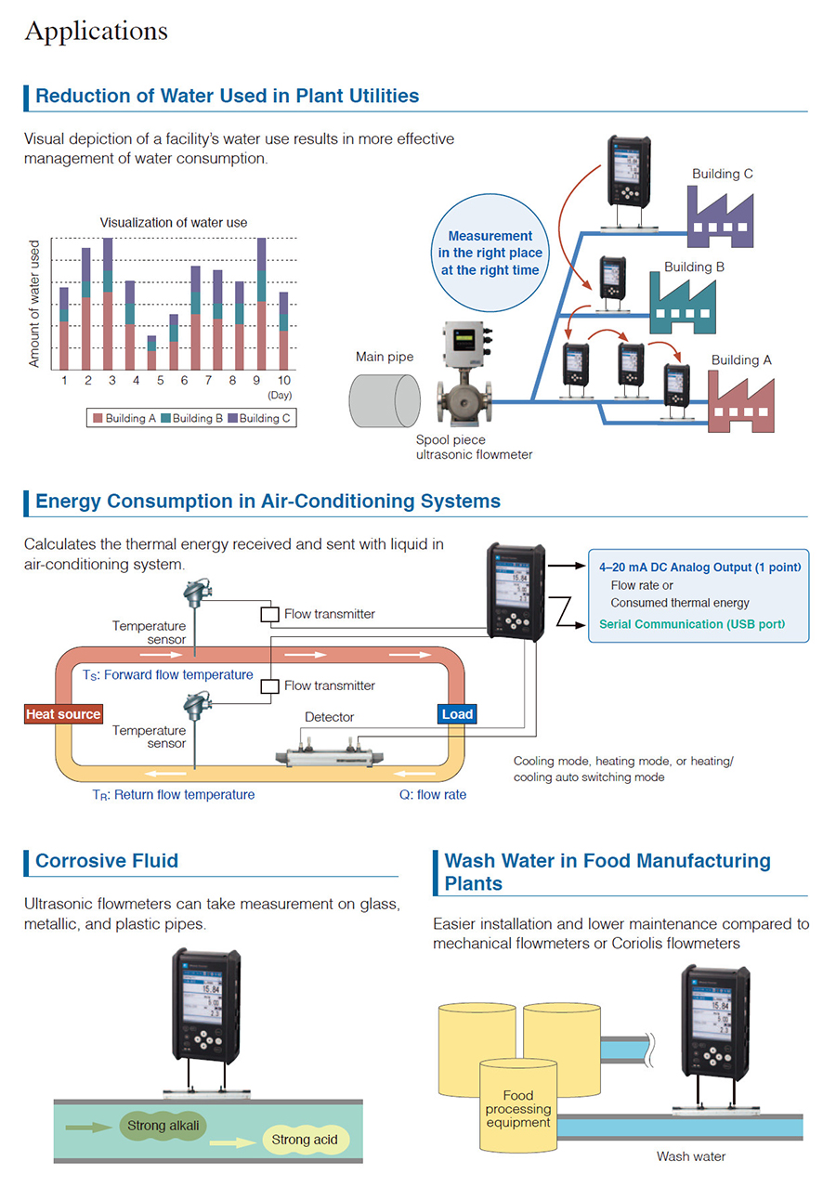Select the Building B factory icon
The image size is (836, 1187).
click(681, 306)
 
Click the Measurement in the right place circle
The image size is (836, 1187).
click(490, 254)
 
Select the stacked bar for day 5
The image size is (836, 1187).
click(151, 357)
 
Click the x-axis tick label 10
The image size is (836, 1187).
click(283, 381)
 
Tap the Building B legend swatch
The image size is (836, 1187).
click(165, 418)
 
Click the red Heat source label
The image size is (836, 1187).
click(63, 714)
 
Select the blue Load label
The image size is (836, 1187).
click(457, 714)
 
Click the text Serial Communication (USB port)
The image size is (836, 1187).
click(691, 624)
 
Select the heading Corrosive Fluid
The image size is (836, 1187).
click(106, 861)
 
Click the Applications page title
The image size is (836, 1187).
click(96, 31)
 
